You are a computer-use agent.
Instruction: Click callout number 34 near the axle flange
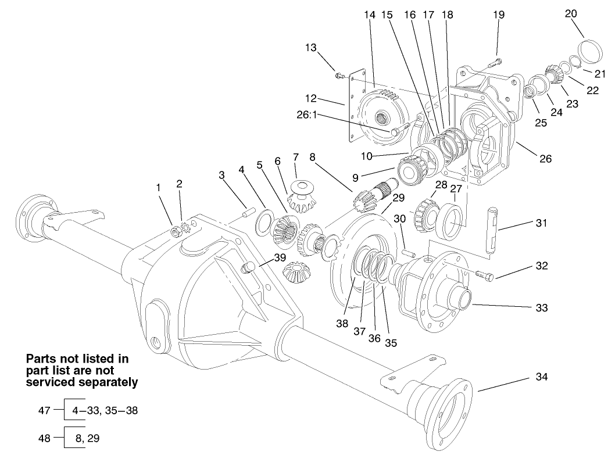[x=541, y=377]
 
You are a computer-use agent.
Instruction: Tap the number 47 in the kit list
[x=44, y=410]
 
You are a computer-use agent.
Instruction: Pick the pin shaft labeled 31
[x=492, y=230]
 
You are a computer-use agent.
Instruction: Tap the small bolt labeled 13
[x=340, y=75]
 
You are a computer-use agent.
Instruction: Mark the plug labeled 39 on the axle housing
[x=249, y=268]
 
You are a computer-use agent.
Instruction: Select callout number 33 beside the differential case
[x=541, y=307]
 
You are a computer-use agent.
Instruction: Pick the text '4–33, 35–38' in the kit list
[x=105, y=410]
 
